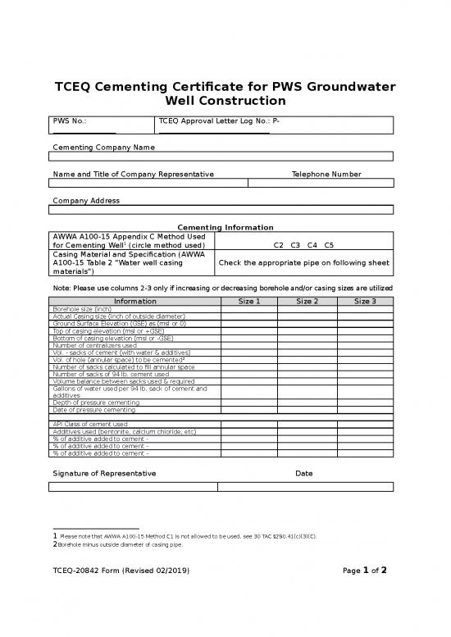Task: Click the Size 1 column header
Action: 248,301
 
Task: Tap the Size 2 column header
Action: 307,301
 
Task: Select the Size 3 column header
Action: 365,301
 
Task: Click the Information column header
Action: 135,301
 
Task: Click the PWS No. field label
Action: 70,121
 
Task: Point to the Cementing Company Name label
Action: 103,147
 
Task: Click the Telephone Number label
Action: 326,174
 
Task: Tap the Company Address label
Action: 86,200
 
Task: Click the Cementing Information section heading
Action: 225,227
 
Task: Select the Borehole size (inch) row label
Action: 82,309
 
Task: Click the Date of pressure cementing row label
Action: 94,409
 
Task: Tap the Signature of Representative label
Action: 104,474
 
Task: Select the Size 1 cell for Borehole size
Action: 248,309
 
